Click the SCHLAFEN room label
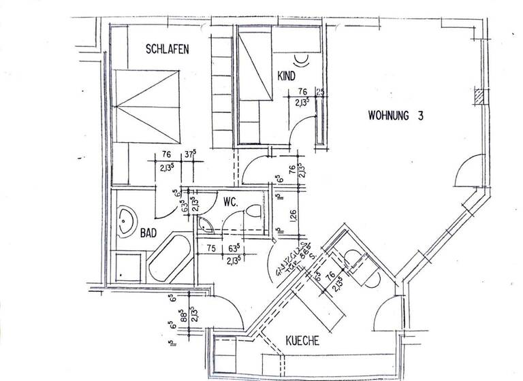click(x=168, y=49)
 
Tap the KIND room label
click(x=285, y=76)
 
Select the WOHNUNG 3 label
click(x=396, y=115)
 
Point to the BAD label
click(x=148, y=233)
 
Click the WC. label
click(x=229, y=201)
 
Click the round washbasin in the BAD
click(x=125, y=222)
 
